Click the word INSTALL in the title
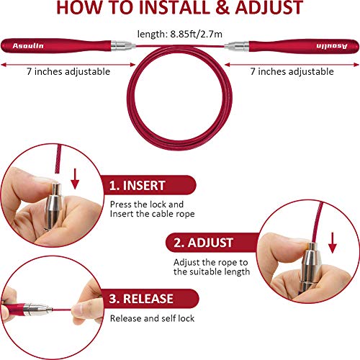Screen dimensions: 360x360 tap(174, 8)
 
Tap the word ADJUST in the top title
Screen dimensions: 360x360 tap(269, 8)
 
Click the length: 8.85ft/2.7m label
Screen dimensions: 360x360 tap(180, 34)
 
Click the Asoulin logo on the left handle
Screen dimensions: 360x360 tap(28, 45)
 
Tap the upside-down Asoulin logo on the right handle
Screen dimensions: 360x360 tap(332, 46)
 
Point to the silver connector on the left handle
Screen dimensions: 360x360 tap(123, 45)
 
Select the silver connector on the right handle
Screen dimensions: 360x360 tap(237, 46)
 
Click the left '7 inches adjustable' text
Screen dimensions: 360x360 tap(68, 71)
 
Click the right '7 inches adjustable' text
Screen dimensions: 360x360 tap(292, 71)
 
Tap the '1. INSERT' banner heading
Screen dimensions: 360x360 tap(137, 186)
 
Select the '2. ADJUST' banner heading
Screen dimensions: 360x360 tap(203, 243)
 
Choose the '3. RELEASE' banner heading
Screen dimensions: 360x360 tap(141, 299)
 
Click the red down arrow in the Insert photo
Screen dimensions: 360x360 tap(75, 179)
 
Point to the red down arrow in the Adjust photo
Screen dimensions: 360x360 tap(333, 243)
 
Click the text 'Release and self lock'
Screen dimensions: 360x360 tap(152, 318)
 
